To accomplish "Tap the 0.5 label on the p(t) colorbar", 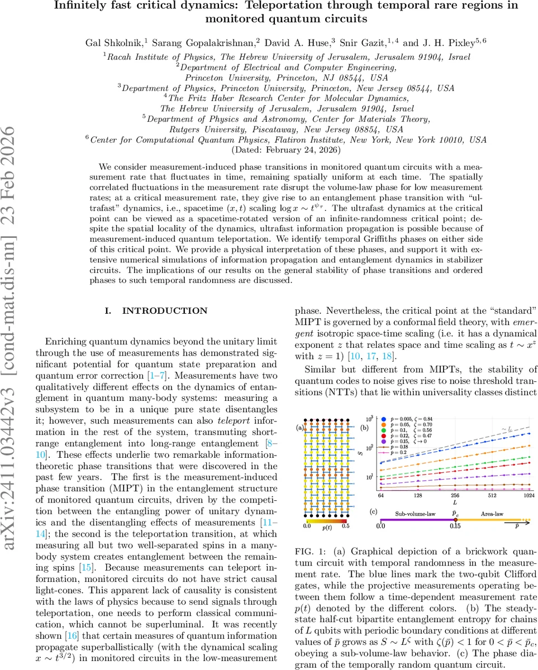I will (345, 525).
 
